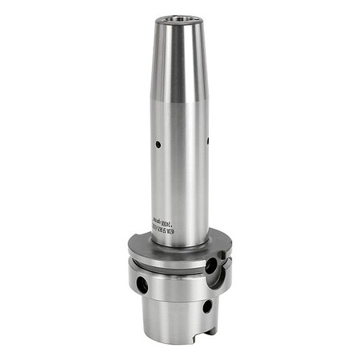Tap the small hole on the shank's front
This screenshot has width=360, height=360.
pos(158,145)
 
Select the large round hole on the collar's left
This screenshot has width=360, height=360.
pos(142,283)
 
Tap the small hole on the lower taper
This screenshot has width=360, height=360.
pos(206,305)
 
